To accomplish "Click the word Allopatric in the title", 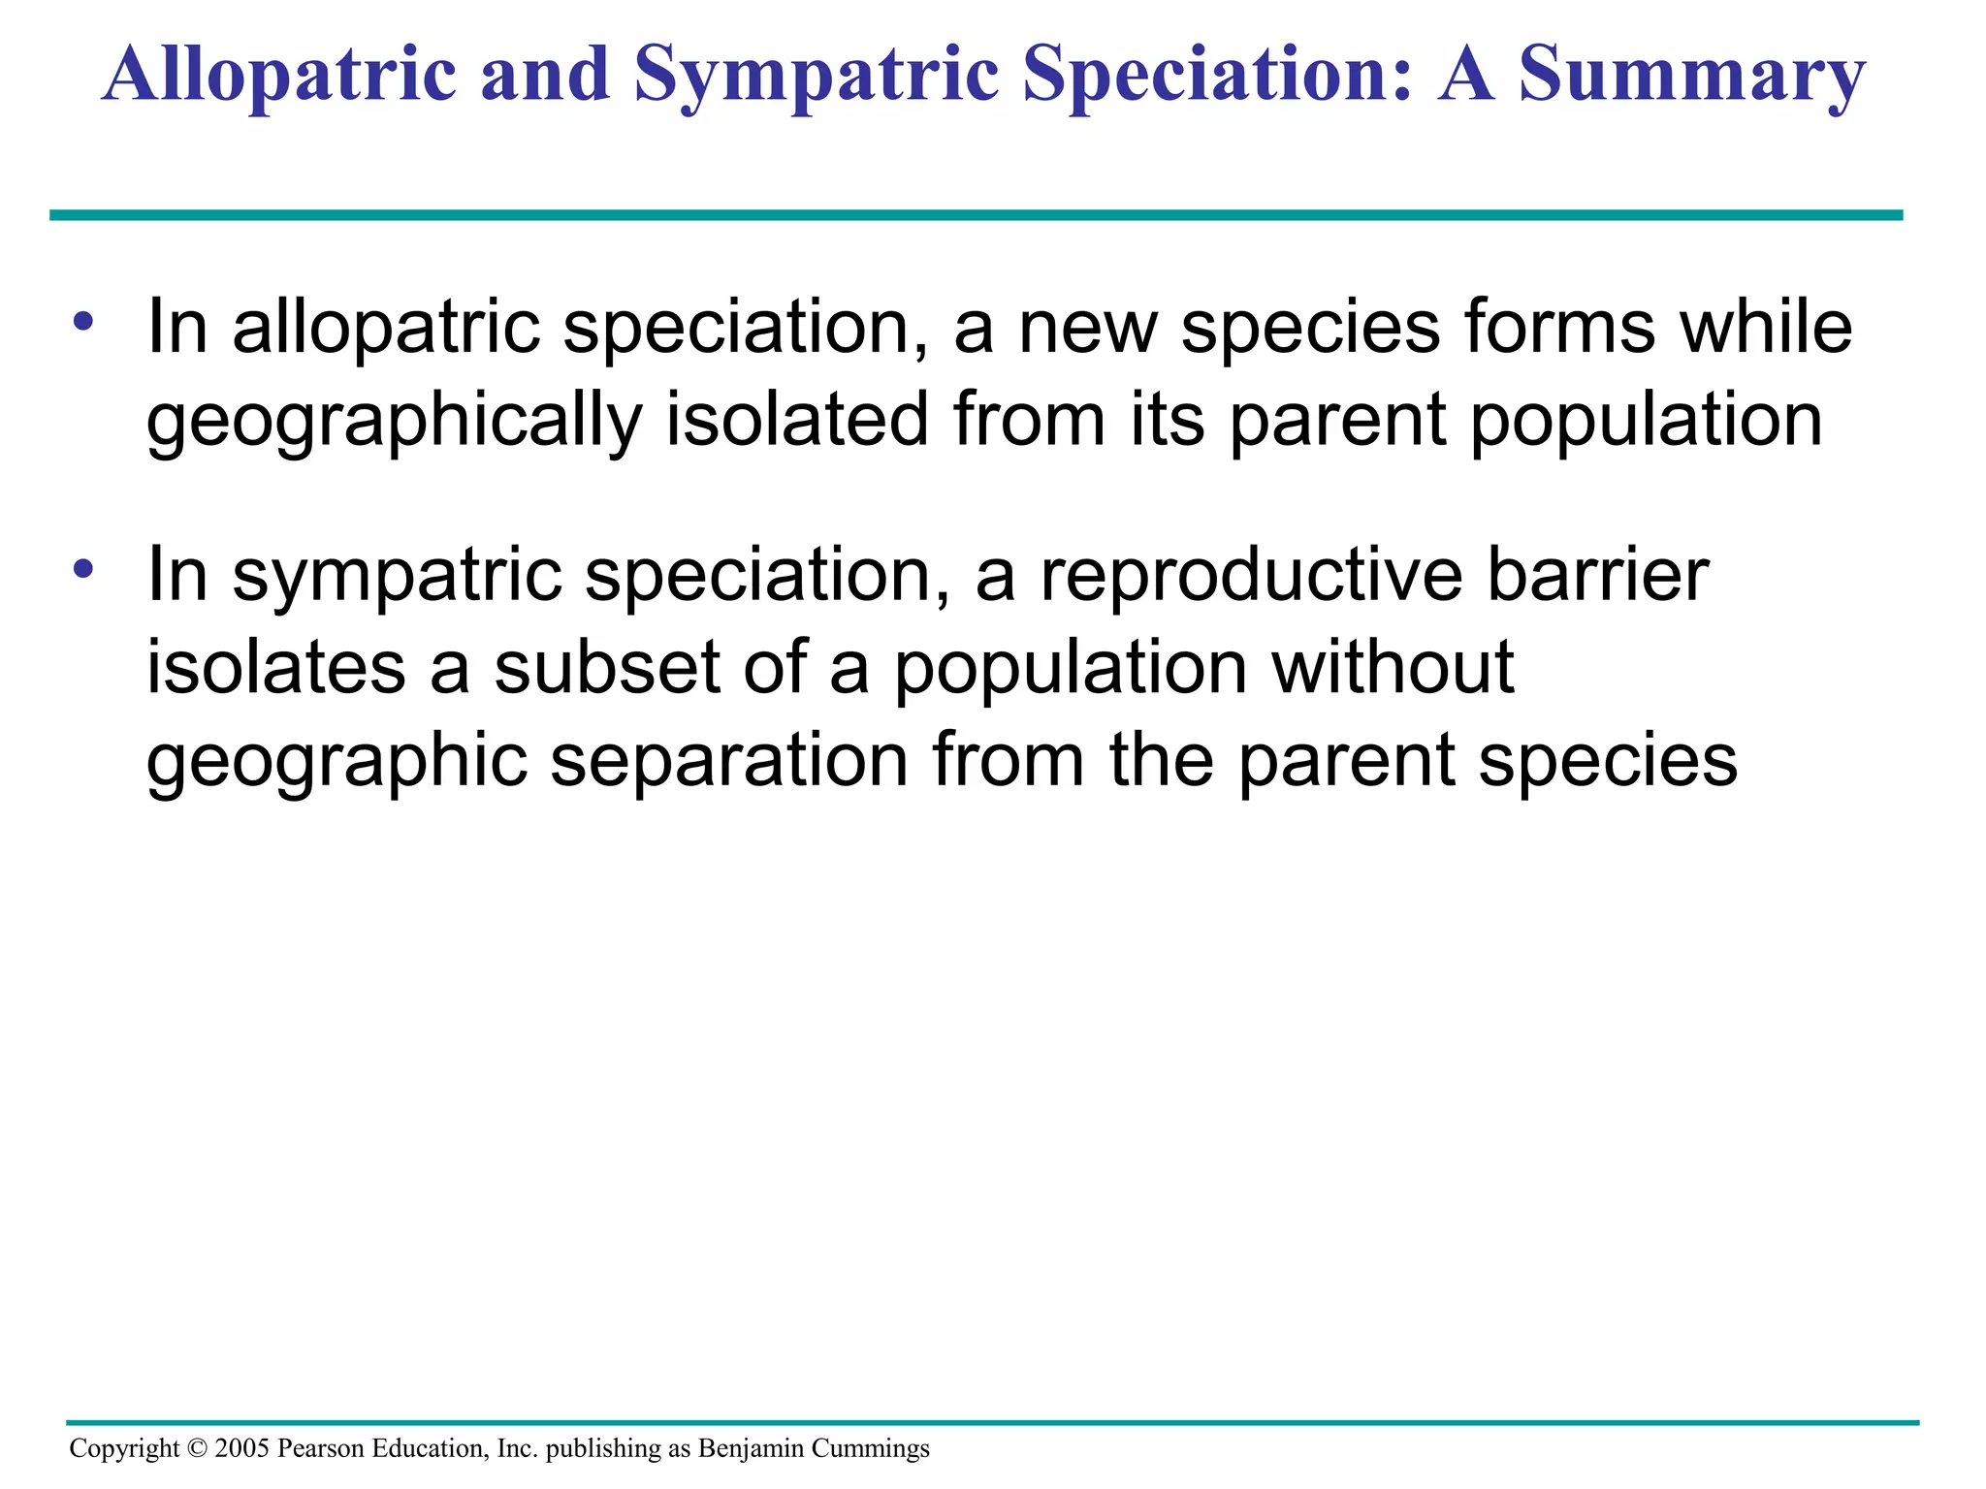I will coord(278,76).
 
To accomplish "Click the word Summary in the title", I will coord(1690,76).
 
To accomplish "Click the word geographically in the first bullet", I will coord(394,421).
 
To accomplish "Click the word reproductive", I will coord(1251,575).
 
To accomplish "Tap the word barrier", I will coord(1597,575).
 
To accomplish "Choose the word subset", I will coord(607,668).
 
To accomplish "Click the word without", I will coord(1393,668).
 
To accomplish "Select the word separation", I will coord(729,761).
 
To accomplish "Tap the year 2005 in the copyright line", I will coord(241,1448).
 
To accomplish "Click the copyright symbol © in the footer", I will coord(197,1448).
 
